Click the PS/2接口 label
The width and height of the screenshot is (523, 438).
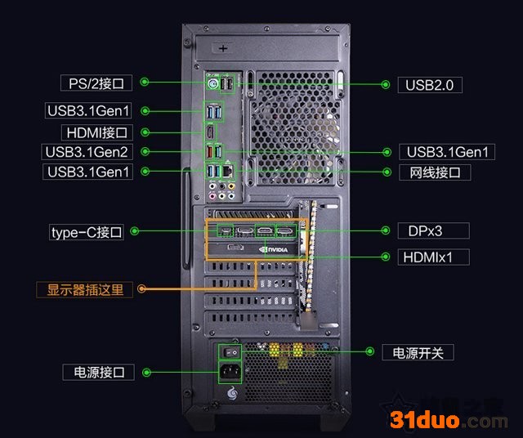95,83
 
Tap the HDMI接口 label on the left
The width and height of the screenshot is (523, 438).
95,132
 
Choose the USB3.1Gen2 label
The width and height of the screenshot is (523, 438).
87,151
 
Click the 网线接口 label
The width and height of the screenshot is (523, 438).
435,172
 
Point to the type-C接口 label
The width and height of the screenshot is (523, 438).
87,232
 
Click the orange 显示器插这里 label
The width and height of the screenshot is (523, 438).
84,288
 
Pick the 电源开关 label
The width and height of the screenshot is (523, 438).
418,352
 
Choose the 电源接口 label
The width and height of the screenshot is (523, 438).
98,372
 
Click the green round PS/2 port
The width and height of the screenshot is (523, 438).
212,84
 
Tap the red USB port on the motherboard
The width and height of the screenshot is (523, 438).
212,151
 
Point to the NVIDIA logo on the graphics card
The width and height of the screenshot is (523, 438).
272,249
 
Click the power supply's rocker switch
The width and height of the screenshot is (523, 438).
231,352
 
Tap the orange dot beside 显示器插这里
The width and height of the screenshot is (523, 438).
142,288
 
